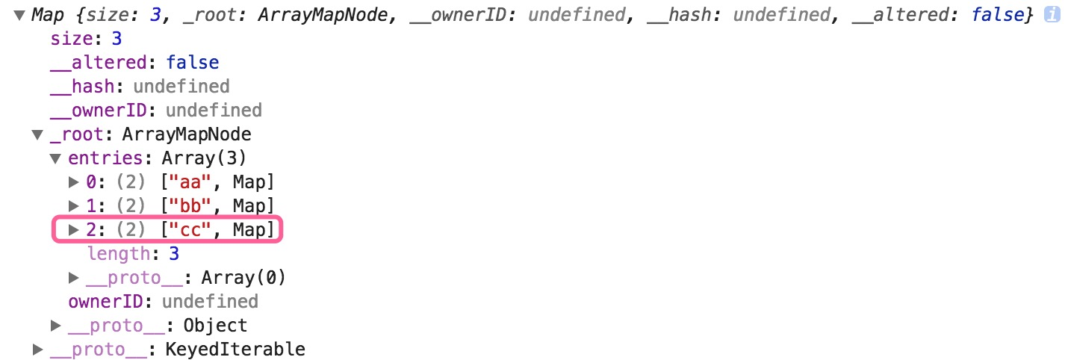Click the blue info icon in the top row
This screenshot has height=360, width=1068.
[x=1052, y=14]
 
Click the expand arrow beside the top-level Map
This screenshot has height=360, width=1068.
[x=19, y=14]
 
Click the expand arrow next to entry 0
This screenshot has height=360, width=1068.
[x=74, y=181]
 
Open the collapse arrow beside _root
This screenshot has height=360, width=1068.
[x=37, y=134]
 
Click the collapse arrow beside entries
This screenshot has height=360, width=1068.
[x=55, y=158]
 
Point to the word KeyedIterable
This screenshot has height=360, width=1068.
[x=235, y=350]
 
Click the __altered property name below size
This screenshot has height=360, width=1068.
[x=103, y=63]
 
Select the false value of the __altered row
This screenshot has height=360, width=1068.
[x=192, y=63]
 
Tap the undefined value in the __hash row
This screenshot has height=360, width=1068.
[x=181, y=87]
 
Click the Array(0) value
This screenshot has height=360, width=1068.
[x=243, y=278]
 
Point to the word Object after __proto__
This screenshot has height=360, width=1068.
[x=216, y=326]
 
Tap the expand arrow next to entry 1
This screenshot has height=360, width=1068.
[x=74, y=205]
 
